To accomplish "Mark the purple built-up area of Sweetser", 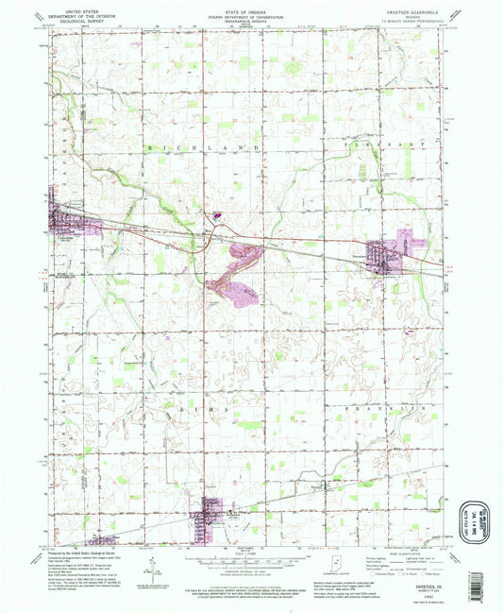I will tap(390, 254).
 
